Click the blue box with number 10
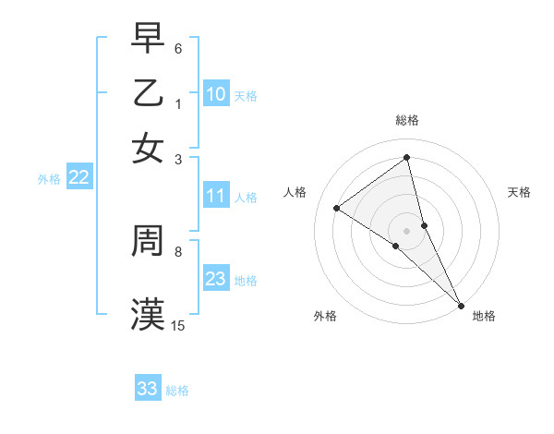click(x=216, y=94)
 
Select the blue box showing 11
click(x=216, y=196)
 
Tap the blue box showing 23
click(x=216, y=280)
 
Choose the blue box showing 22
click(x=78, y=178)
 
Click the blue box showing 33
click(x=148, y=389)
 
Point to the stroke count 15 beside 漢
click(x=178, y=325)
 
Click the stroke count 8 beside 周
click(x=178, y=250)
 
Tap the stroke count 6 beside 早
click(x=178, y=47)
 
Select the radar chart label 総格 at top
click(x=407, y=120)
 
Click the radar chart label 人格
click(x=295, y=192)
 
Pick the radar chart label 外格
click(x=325, y=316)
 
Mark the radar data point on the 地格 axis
click(x=461, y=304)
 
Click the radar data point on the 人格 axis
click(x=336, y=208)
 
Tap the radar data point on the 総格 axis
click(x=407, y=157)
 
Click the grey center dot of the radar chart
click(x=407, y=230)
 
